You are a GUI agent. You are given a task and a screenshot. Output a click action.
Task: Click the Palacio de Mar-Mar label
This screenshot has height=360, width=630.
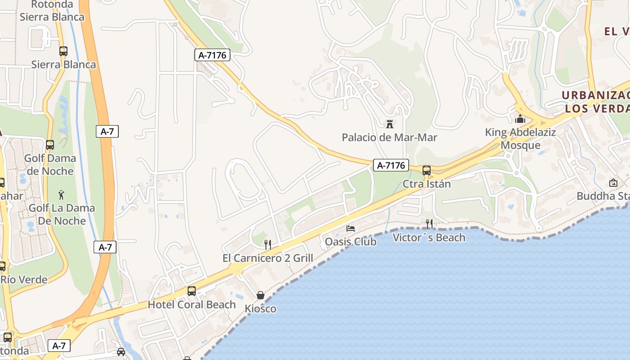click(x=389, y=137)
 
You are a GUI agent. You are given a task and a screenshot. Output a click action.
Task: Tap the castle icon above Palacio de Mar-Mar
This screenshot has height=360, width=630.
click(x=390, y=124)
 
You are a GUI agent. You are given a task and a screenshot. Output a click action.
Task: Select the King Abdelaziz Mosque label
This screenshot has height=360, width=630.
click(x=520, y=139)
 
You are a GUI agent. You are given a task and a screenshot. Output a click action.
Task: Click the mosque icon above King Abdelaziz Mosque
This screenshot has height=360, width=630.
click(x=520, y=119)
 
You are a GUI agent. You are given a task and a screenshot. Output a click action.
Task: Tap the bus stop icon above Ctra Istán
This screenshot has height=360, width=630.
click(x=426, y=171)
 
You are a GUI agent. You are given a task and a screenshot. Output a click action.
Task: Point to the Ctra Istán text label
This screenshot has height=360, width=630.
click(x=426, y=184)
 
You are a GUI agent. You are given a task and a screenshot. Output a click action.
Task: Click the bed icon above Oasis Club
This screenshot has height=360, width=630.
click(x=351, y=229)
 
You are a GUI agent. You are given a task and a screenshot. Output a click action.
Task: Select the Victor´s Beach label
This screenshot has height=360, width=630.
click(x=429, y=237)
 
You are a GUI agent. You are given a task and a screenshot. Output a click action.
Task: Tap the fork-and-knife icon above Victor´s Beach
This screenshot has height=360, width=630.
click(x=429, y=224)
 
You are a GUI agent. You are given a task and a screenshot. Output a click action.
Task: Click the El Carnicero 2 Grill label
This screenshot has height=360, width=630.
click(x=268, y=258)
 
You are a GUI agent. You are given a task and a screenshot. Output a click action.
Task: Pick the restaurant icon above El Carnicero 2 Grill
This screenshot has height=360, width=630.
click(x=268, y=244)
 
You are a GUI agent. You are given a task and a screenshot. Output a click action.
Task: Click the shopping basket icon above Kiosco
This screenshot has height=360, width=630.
click(x=260, y=295)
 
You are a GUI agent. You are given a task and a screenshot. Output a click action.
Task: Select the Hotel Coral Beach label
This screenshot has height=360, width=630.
click(x=192, y=305)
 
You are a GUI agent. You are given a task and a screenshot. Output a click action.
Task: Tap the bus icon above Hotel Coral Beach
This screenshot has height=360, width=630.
click(x=192, y=291)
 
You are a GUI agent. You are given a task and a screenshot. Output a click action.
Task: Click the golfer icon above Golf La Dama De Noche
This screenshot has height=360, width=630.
click(x=62, y=195)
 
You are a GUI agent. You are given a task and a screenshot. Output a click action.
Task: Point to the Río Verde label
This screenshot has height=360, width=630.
click(x=24, y=279)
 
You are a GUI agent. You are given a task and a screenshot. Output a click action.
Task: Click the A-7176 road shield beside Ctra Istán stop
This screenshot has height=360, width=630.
click(x=391, y=165)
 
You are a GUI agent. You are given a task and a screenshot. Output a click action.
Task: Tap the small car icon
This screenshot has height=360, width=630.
click(x=121, y=351)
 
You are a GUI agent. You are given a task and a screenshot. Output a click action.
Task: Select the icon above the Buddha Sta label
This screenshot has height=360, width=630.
click(x=613, y=183)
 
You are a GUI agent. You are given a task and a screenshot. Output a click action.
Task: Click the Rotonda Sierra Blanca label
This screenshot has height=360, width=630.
click(x=52, y=11)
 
